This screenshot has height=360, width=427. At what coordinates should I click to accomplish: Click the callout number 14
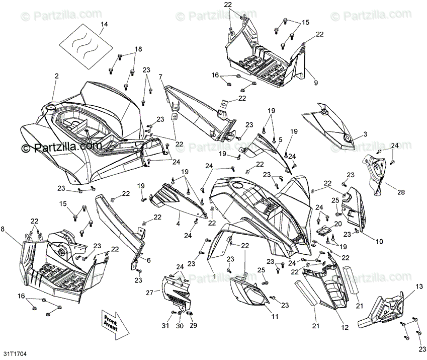pos(104,24)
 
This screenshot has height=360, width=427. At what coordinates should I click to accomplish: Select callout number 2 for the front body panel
pos(56,76)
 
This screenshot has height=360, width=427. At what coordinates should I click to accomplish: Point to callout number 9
pos(316,83)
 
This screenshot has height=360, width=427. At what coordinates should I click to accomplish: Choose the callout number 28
pos(401,192)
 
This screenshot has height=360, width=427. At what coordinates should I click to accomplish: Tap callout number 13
pos(418,286)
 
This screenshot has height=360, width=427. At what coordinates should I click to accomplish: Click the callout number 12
pos(345,327)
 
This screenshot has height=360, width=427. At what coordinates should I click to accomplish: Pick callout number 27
pos(149,293)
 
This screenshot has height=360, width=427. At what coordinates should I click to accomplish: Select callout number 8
pos(4,229)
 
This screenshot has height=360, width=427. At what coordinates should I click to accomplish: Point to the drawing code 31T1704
pos(14,354)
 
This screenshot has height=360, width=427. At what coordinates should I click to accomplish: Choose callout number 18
pos(139,49)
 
